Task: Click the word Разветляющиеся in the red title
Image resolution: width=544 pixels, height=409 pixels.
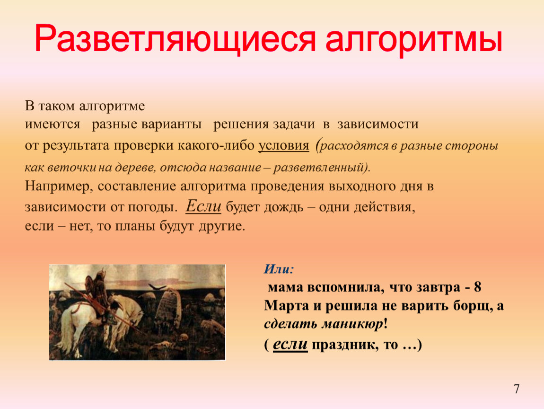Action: (x=175, y=39)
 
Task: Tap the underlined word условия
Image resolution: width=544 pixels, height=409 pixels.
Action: (x=284, y=145)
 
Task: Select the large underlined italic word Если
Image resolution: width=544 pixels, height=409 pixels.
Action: (x=203, y=205)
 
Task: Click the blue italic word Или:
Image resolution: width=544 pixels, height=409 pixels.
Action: (x=279, y=269)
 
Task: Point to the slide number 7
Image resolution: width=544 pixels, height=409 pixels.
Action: (x=517, y=389)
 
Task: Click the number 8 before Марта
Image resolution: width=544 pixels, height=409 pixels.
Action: (x=477, y=287)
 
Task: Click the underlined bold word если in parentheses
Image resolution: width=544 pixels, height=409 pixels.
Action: (x=290, y=344)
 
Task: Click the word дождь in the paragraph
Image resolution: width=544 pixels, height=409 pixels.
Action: (x=283, y=207)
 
